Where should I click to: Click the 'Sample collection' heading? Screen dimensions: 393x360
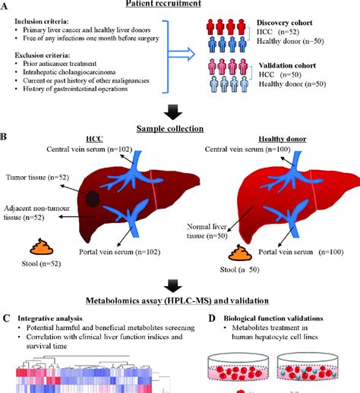(179, 128)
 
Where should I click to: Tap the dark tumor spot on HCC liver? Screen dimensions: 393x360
(92, 199)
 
